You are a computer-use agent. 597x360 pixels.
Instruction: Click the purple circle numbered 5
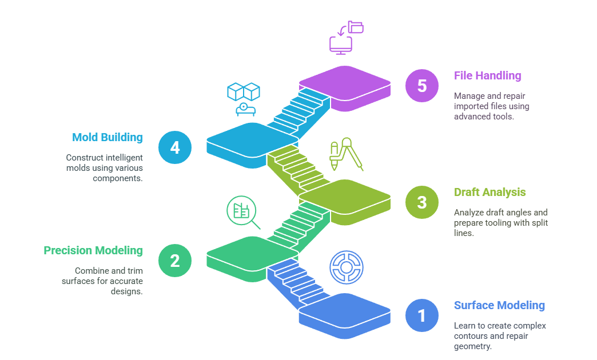421,86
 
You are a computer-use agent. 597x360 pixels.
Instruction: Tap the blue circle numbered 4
175,147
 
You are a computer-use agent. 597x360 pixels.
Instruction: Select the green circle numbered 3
421,202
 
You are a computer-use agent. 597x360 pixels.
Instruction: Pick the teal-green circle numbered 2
175,261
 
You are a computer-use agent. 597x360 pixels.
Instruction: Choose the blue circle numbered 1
421,315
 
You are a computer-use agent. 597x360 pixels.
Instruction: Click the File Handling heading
487,75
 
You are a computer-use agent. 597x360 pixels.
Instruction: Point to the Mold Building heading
108,137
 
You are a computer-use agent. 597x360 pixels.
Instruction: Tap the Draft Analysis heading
489,192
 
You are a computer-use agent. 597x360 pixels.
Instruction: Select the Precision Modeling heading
93,250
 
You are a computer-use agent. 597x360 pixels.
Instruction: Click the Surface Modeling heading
499,305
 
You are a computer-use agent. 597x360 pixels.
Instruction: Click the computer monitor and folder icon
346,37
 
